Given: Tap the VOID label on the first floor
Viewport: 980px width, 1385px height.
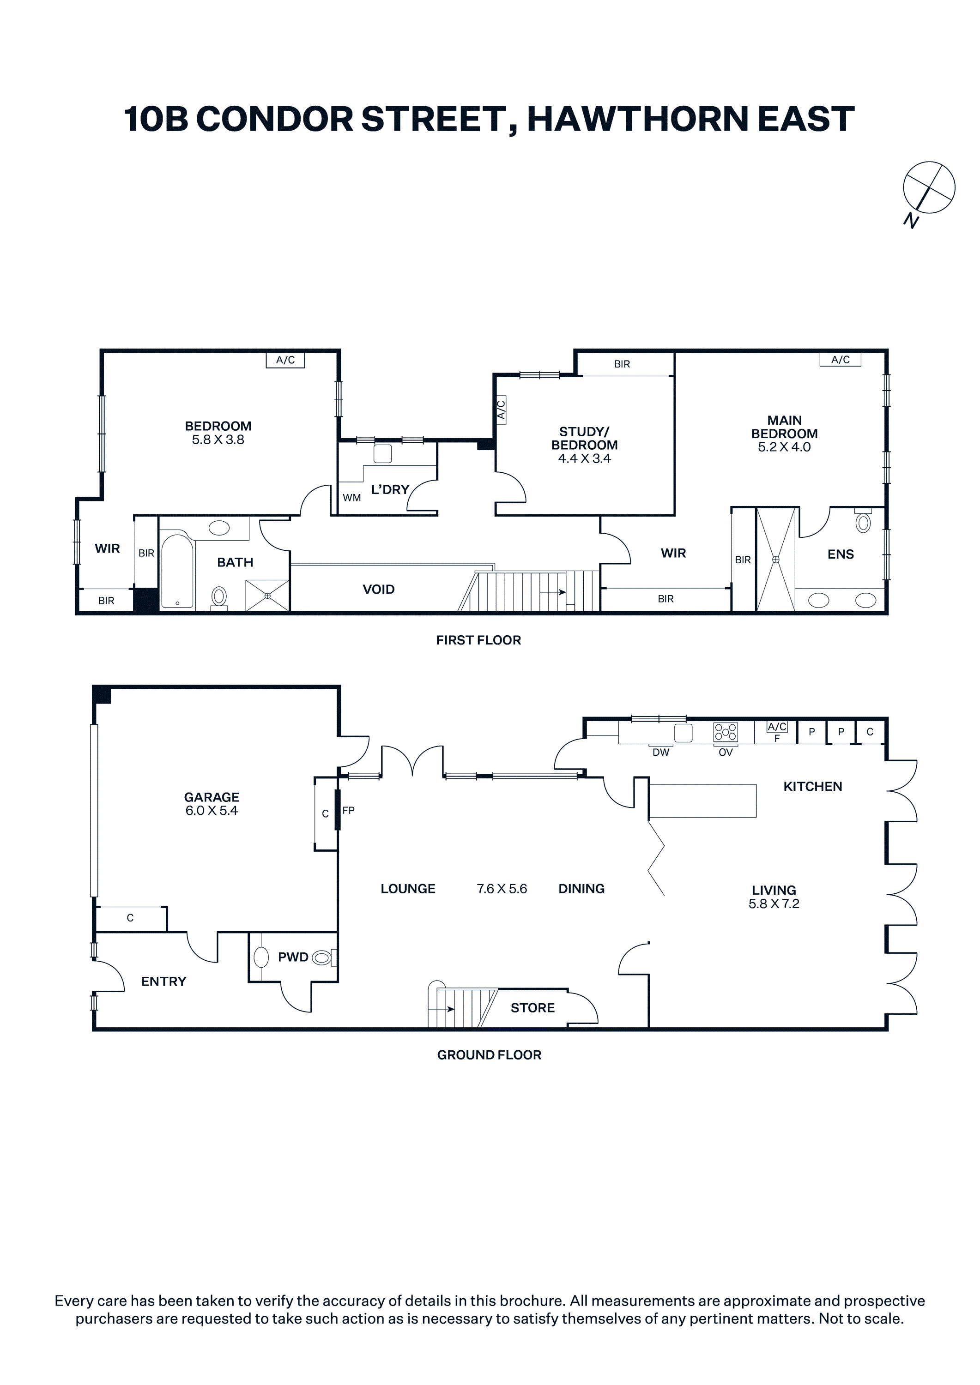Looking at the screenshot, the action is click(378, 590).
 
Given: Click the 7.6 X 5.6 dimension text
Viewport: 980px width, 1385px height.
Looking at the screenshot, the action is click(502, 889).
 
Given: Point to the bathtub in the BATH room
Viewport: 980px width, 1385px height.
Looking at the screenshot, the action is click(177, 571).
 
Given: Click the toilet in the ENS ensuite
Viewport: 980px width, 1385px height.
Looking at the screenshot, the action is click(864, 521).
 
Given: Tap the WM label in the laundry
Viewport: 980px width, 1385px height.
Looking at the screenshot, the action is click(352, 498).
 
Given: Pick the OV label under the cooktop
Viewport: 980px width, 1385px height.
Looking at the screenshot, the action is click(726, 752).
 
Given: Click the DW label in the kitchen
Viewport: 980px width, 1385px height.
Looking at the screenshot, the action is click(661, 752).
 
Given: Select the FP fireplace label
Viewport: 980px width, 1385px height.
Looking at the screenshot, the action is click(348, 810).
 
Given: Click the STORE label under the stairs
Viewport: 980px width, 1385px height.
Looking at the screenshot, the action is click(532, 1007).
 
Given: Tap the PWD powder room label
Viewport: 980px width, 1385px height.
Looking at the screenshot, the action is click(293, 957).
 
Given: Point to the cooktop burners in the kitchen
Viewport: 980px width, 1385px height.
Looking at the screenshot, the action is click(726, 732).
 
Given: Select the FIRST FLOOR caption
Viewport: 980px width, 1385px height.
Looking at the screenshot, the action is click(478, 640).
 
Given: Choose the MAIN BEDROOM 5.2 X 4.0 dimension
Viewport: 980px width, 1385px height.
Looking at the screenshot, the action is click(785, 447).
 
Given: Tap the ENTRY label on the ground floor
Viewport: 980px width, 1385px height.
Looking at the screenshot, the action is click(163, 982).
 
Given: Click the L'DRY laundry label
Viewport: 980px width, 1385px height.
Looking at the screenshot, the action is click(390, 489).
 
